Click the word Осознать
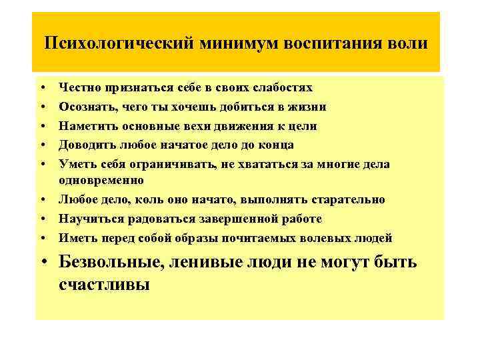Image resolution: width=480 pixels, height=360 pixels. pyautogui.click(x=83, y=107)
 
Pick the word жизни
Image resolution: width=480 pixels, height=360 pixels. pyautogui.click(x=309, y=107)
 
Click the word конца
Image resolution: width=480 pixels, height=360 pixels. pyautogui.click(x=275, y=145)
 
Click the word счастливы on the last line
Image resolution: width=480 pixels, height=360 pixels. pyautogui.click(x=104, y=285)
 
